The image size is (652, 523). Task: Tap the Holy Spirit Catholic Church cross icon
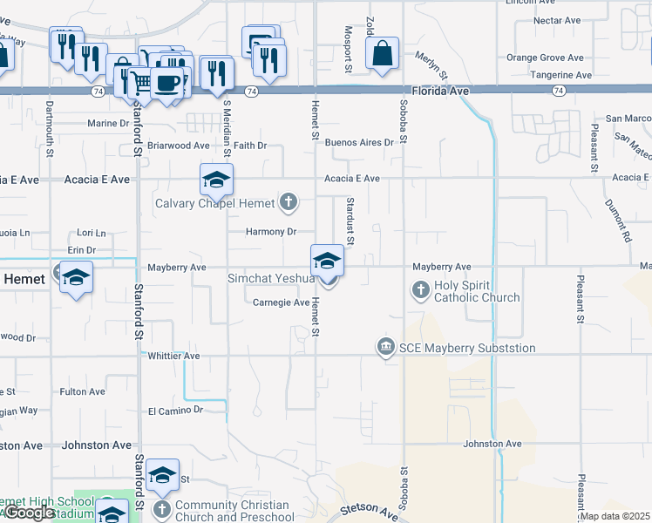[421, 289]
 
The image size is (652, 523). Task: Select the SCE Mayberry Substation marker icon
[385, 348]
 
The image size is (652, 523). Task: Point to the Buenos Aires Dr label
[359, 142]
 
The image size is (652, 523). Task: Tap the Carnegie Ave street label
[281, 302]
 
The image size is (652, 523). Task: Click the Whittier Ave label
[173, 356]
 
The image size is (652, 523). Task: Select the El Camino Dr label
[174, 410]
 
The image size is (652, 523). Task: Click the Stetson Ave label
[368, 509]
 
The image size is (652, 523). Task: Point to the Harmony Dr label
[271, 232]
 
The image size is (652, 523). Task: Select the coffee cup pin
[166, 83]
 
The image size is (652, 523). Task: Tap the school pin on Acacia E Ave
[216, 180]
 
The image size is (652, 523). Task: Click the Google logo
[29, 513]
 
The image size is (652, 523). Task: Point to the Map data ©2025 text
[614, 516]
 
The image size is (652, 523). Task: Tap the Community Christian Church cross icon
[161, 508]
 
